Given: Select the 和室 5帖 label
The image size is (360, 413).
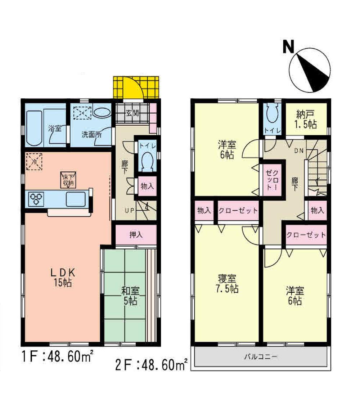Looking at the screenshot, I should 130,296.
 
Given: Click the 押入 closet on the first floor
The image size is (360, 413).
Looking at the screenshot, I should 136,235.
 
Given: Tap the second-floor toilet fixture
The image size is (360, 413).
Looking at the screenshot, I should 271,116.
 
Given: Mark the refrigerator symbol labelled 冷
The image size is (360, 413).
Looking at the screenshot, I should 35,161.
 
